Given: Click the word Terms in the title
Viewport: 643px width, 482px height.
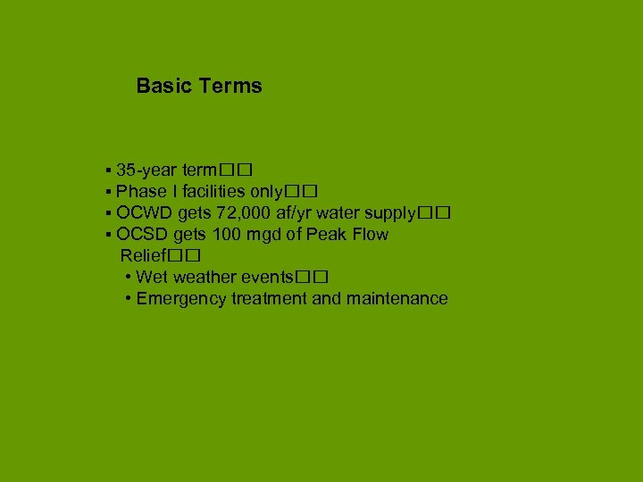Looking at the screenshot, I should click(230, 87).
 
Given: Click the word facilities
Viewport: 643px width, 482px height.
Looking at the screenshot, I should click(208, 192).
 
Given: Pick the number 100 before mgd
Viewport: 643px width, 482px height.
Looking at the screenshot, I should click(226, 235).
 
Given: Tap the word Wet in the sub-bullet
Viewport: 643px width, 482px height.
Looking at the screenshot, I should click(152, 278).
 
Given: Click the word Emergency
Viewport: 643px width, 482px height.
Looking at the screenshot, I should click(181, 299).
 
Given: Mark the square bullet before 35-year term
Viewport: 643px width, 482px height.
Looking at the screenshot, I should click(107, 170).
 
